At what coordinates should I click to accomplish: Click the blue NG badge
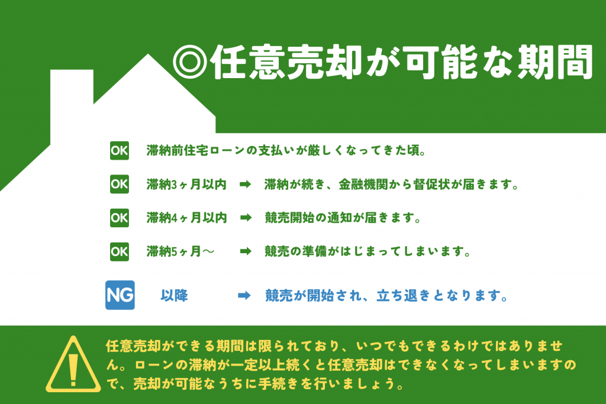tap(120, 295)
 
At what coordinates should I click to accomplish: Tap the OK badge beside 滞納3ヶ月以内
tap(120, 184)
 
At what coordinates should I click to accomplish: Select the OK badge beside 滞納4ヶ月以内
tap(120, 218)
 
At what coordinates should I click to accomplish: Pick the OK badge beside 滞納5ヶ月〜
tap(120, 252)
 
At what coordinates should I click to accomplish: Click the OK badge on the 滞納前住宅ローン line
tap(120, 151)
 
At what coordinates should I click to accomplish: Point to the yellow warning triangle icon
tap(73, 364)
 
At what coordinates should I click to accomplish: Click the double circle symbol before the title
tap(190, 62)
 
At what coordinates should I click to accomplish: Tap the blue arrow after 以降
tap(244, 296)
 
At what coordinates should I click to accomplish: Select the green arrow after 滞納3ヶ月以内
tap(246, 184)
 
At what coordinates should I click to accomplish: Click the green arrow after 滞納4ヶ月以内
tap(246, 218)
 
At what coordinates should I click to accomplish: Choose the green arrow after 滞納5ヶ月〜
tap(246, 251)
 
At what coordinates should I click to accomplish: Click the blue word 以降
tap(175, 296)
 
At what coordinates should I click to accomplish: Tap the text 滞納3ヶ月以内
tap(186, 184)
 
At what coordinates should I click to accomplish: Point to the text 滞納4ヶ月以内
tap(186, 218)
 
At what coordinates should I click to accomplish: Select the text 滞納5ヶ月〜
tap(180, 251)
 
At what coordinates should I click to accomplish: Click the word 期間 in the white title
tap(555, 62)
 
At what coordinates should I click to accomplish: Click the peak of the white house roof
tap(147, 54)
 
